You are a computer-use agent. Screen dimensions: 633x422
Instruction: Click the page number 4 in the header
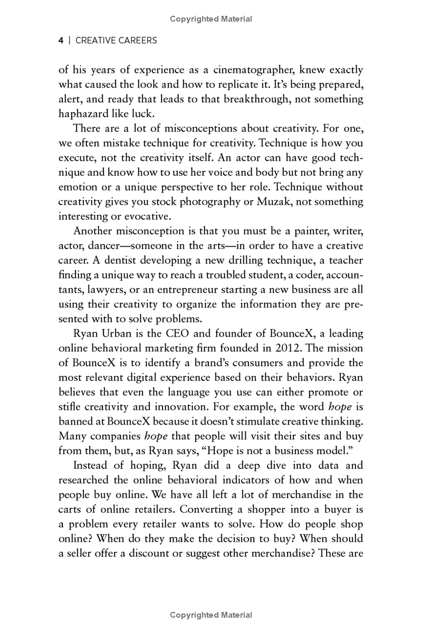click(x=61, y=40)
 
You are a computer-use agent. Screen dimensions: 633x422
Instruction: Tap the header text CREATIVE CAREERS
click(x=116, y=40)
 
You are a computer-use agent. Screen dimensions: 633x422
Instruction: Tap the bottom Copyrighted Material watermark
click(x=211, y=615)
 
